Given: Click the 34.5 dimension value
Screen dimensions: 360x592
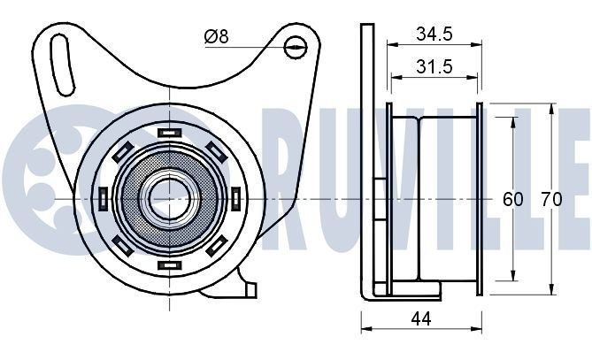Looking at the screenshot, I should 434,35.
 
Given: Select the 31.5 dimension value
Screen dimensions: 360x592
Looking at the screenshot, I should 434,67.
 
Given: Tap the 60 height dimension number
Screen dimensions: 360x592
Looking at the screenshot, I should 513,199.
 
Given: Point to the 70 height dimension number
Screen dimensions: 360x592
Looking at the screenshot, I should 550,199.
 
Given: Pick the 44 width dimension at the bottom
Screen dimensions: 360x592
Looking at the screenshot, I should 422,321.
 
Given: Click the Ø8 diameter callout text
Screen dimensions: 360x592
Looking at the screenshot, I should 216,36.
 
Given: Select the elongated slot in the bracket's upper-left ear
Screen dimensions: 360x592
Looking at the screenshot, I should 61,62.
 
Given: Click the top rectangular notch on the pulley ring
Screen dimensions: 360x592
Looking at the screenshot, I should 167,134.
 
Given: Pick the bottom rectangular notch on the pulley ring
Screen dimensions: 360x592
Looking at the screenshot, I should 167,264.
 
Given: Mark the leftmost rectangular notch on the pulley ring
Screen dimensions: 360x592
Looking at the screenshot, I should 102,198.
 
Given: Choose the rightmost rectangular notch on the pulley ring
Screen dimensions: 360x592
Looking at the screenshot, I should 234,198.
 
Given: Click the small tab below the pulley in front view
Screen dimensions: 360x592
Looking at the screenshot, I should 250,288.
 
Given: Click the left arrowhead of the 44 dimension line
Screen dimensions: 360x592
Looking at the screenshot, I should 365,332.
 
